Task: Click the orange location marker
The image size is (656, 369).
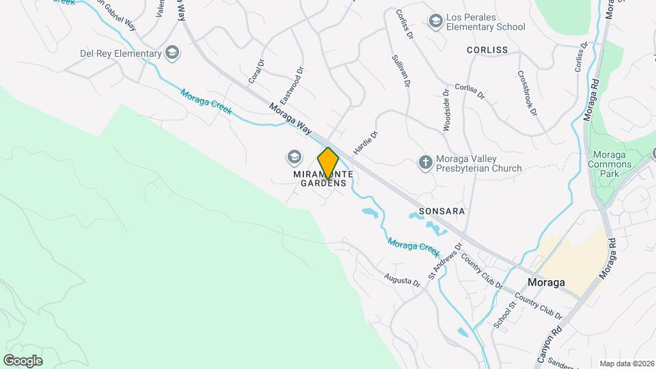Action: (328, 163)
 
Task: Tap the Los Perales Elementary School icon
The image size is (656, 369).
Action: (435, 22)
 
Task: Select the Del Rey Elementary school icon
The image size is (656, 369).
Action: (173, 53)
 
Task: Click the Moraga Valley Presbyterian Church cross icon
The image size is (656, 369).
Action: (425, 163)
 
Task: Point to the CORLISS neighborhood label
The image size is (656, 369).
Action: (487, 50)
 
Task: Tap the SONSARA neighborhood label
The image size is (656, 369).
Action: (441, 211)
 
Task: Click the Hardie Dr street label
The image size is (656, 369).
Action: (366, 143)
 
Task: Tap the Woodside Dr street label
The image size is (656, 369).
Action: (445, 109)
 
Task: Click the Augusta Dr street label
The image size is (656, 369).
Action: (402, 280)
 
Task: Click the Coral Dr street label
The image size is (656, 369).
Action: (256, 72)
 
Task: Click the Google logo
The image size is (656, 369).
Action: (23, 360)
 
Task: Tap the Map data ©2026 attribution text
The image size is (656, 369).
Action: (626, 364)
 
